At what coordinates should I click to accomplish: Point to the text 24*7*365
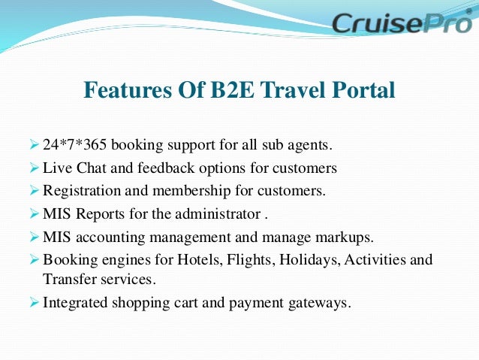[74, 144]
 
